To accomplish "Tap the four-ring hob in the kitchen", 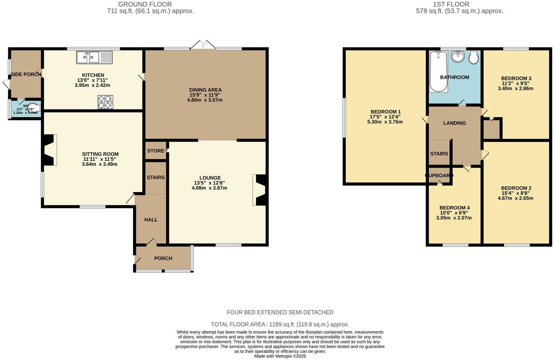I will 105,102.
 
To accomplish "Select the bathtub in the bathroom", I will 438,71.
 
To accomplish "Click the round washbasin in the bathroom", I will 458,57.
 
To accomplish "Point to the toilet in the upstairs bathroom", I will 474,58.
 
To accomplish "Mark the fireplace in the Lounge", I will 260,190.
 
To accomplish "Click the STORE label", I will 155,151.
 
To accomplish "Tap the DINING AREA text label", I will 205,90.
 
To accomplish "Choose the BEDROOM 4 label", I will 454,208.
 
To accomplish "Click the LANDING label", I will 454,123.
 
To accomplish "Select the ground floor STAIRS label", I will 155,177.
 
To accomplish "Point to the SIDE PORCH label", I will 26,74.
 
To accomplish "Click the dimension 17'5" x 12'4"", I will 385,117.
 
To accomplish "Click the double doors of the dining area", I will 203,45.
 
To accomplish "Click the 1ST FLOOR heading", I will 451,4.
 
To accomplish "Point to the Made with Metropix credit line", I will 280,356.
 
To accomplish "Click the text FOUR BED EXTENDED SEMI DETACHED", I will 280,312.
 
